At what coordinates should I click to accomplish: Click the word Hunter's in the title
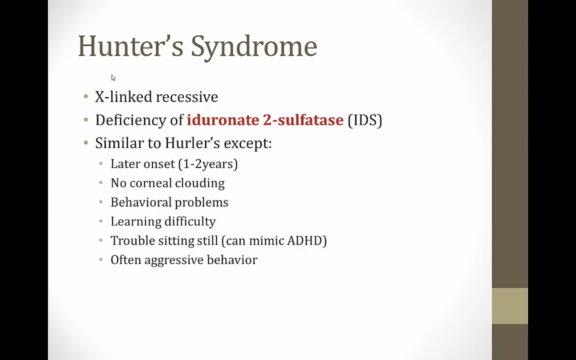pos(131,46)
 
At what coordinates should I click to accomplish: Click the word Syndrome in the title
pos(254,48)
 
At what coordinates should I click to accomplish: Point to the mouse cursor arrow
pos(114,78)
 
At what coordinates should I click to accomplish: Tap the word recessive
pos(187,97)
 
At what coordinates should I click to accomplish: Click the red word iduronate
pos(223,120)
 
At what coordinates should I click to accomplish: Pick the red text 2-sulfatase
pos(303,120)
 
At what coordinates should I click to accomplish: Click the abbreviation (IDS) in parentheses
pos(365,120)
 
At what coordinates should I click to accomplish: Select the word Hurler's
pos(192,143)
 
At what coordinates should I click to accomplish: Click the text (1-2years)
pos(208,164)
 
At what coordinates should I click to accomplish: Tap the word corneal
pos(151,183)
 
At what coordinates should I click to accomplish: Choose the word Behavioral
pos(141,202)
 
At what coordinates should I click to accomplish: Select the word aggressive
pos(174,260)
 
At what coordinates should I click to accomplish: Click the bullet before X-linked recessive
pos(86,97)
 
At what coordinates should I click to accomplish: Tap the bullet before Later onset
pos(101,164)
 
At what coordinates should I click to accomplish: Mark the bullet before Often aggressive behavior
pos(101,260)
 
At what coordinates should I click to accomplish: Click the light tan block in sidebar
pos(510,306)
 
